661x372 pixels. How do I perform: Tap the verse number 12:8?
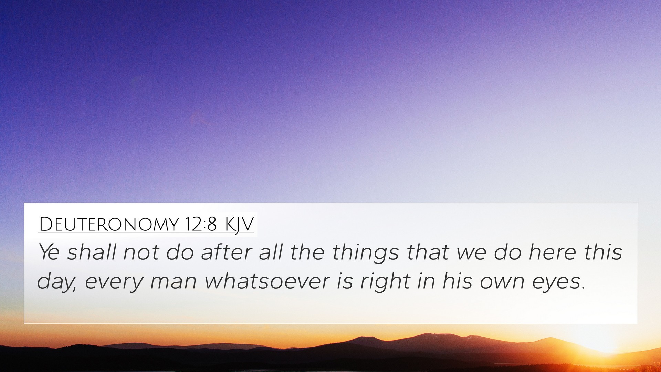click(200, 224)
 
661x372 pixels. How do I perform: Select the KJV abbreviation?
click(239, 225)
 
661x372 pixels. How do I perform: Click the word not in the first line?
click(141, 252)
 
